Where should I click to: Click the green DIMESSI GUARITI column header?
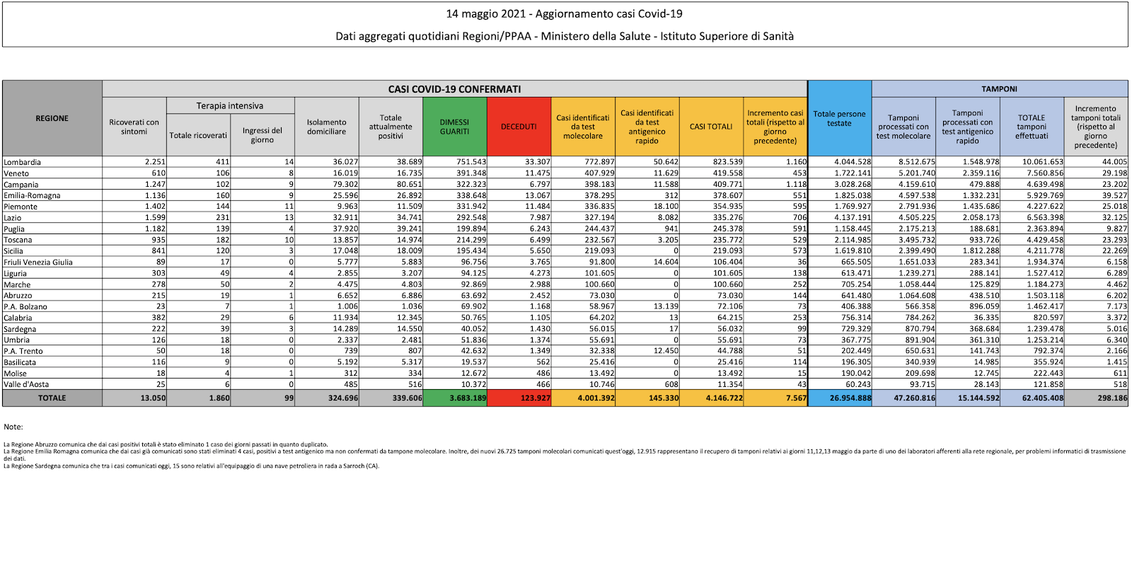point(454,127)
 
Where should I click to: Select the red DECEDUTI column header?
point(519,127)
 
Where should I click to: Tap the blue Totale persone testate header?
point(839,118)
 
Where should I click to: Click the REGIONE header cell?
point(52,118)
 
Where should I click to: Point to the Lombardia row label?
point(23,162)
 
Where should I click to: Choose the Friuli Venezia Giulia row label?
point(38,262)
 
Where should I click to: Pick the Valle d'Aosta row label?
point(26,385)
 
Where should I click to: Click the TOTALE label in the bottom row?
point(52,398)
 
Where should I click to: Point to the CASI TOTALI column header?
point(711,127)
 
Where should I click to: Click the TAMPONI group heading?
point(999,89)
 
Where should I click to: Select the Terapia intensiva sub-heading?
point(230,106)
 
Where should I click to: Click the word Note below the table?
point(13,427)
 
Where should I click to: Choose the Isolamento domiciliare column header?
point(327,127)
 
